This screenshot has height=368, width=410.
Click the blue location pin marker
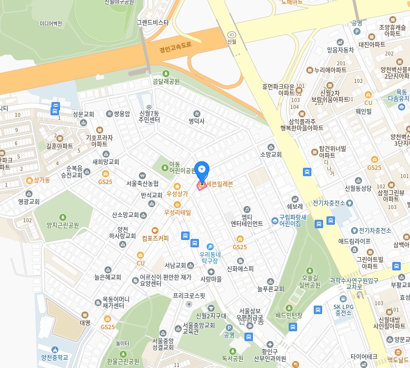pyautogui.click(x=202, y=170)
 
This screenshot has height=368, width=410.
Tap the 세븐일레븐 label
pyautogui.click(x=219, y=184)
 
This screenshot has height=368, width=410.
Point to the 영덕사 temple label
pyautogui.click(x=196, y=121)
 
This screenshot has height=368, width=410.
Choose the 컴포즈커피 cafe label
pyautogui.click(x=155, y=238)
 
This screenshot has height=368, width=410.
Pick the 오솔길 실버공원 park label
pyautogui.click(x=309, y=281)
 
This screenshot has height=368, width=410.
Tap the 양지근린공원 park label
pyautogui.click(x=62, y=225)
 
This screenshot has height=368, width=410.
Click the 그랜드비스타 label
pyautogui.click(x=152, y=22)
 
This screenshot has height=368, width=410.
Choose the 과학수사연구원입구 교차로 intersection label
pyautogui.click(x=354, y=284)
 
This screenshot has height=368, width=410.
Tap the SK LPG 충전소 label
pyautogui.click(x=343, y=309)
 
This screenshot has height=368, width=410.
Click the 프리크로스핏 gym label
pyautogui.click(x=189, y=296)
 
